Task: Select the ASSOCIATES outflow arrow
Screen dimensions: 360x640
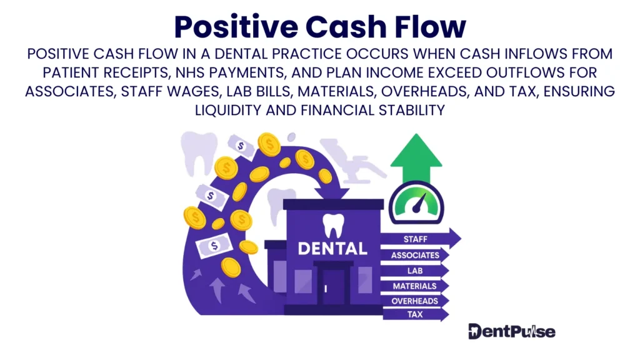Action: [x=415, y=255]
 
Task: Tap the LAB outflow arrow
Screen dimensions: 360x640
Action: [x=415, y=271]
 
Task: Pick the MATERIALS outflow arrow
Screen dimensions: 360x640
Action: [x=415, y=286]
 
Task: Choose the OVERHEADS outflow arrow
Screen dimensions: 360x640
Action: [x=415, y=301]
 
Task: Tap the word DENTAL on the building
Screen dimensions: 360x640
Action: [x=332, y=248]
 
